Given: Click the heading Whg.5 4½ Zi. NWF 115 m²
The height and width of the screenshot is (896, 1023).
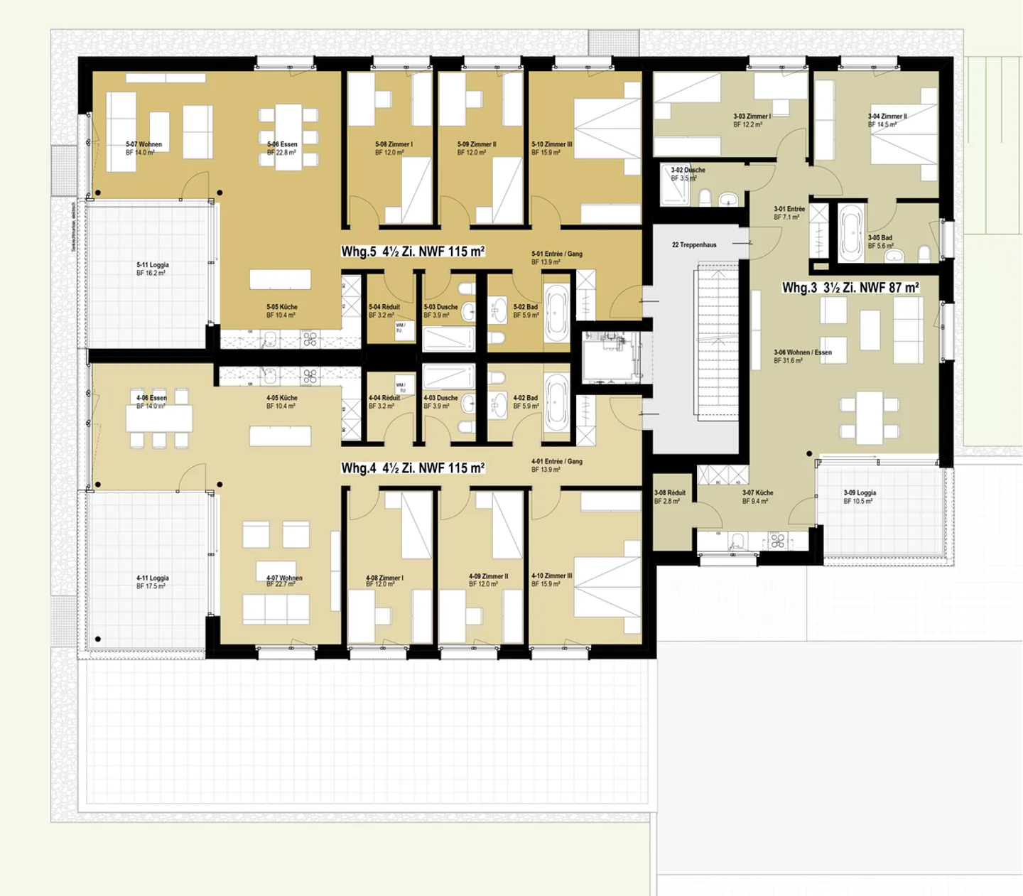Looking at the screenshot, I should [x=413, y=252].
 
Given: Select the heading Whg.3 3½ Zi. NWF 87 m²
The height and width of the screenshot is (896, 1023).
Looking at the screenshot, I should [x=850, y=288].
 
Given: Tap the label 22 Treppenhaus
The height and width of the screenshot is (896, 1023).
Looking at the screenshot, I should [x=694, y=245].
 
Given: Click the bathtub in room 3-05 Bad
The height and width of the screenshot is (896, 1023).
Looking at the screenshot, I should [x=850, y=232].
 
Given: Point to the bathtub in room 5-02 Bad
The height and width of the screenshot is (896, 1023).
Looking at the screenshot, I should [x=557, y=313].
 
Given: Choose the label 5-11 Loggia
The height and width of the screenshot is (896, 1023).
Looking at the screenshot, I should [x=152, y=265].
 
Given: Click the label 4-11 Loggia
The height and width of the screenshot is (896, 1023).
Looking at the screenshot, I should [x=152, y=578].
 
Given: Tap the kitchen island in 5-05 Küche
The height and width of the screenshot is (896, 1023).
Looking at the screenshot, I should [x=280, y=279].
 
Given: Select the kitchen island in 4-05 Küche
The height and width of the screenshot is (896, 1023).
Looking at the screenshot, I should [x=280, y=436].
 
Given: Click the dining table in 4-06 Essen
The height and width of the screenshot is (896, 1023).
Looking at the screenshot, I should [x=159, y=419].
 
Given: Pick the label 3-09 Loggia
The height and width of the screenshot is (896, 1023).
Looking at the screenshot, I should [x=860, y=493].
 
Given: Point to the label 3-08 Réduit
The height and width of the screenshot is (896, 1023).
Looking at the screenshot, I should [x=669, y=493].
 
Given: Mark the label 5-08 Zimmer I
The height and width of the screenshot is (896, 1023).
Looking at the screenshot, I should [x=394, y=144].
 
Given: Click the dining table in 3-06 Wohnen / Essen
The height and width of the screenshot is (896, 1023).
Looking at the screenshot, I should [x=869, y=417].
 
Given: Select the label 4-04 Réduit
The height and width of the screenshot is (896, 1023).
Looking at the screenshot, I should [x=384, y=398].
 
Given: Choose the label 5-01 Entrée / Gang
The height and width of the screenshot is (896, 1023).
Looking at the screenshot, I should [x=556, y=254].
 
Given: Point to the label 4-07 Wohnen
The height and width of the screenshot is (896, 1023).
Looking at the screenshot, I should [x=284, y=578].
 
